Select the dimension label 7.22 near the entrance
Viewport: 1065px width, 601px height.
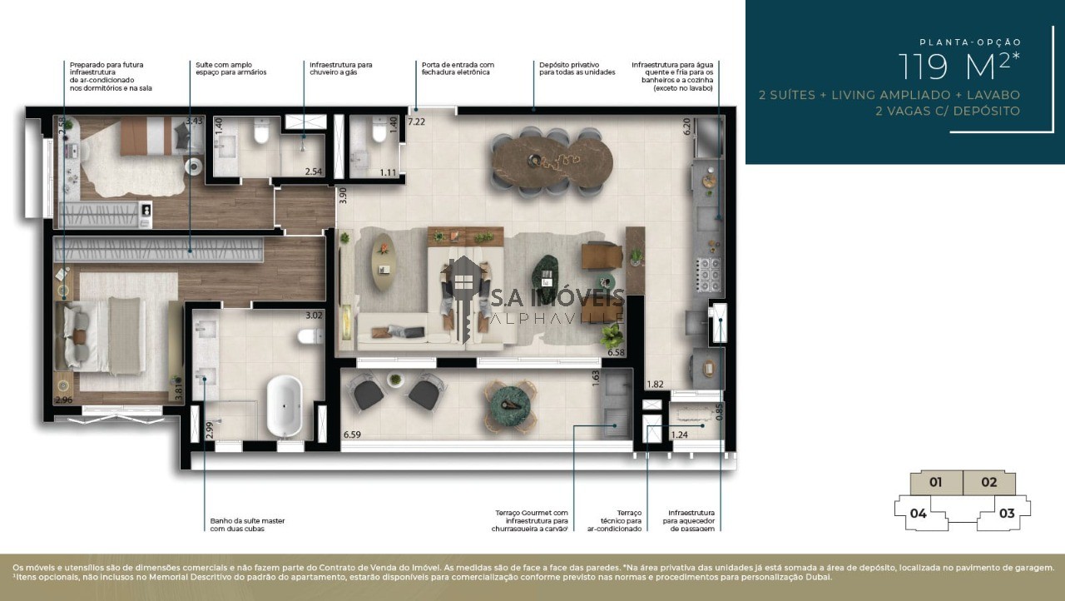click(x=416, y=122)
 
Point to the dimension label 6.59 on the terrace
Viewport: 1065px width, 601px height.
click(x=353, y=434)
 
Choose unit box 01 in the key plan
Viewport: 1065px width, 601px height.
click(x=935, y=482)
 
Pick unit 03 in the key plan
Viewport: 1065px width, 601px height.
click(x=1006, y=513)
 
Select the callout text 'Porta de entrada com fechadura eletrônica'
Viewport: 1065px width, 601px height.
click(x=458, y=68)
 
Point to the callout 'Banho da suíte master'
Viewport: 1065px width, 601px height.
click(x=247, y=524)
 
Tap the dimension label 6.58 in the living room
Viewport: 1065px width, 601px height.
click(x=616, y=353)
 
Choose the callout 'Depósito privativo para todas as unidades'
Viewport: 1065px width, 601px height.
click(x=577, y=68)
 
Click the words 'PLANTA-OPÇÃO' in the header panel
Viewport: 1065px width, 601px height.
click(x=969, y=42)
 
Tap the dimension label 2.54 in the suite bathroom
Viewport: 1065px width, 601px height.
click(x=313, y=171)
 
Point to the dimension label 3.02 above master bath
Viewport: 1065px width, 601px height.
click(x=314, y=315)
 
